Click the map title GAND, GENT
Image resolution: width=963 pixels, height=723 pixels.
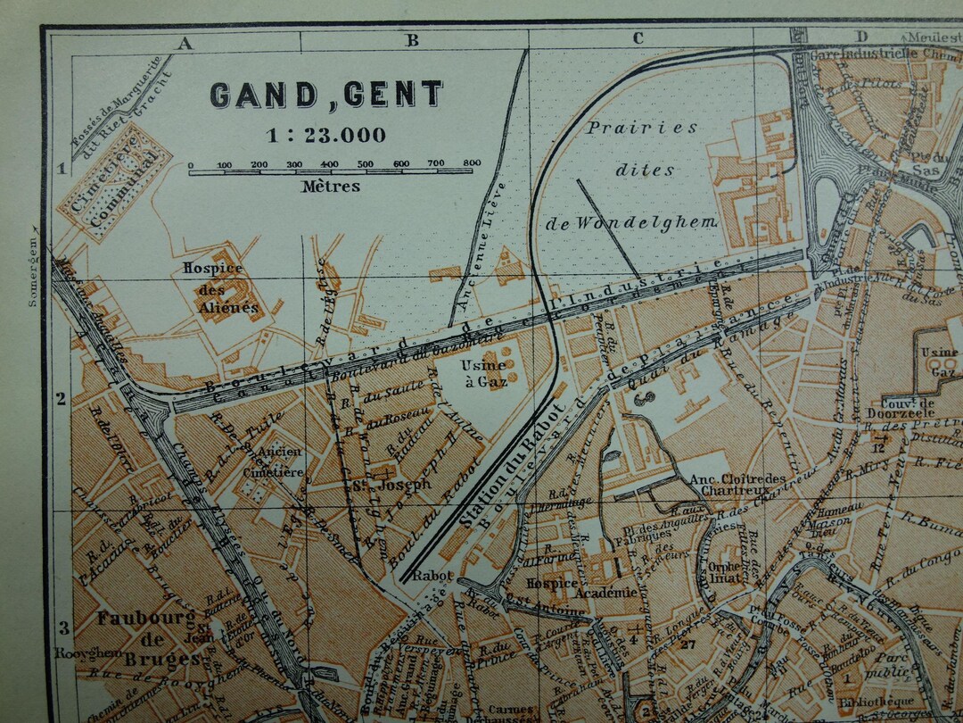326,95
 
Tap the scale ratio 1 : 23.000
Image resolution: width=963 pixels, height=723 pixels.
326,136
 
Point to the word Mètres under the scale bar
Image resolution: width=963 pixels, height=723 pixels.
331,187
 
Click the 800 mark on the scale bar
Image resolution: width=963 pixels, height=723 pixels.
472,163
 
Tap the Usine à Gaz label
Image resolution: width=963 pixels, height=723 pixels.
483,373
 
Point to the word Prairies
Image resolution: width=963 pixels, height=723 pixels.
641,128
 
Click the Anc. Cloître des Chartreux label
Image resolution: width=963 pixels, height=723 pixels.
737,485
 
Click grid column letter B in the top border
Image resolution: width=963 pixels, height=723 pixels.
413,40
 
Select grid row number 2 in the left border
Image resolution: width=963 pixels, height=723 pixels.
62,399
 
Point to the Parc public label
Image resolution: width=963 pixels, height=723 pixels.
893,663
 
